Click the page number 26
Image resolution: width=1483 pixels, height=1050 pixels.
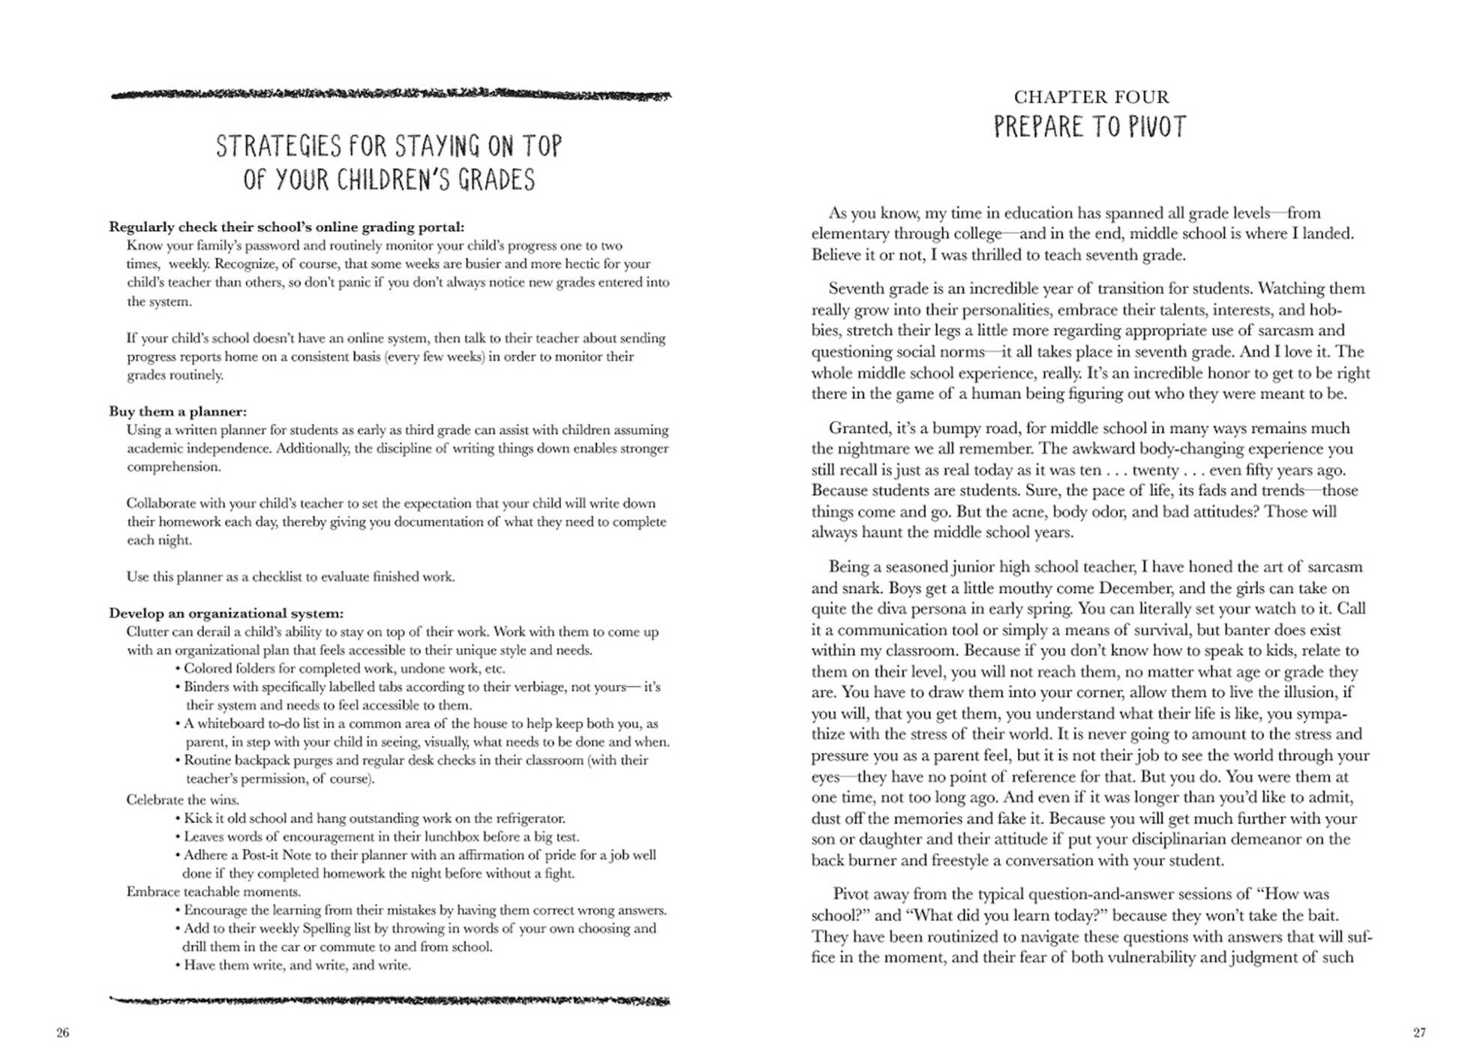(62, 1033)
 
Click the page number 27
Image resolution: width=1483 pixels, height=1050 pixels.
(1419, 1033)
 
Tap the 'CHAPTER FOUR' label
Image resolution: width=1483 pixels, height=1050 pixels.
(1091, 97)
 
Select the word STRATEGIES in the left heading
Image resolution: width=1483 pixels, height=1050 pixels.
(278, 146)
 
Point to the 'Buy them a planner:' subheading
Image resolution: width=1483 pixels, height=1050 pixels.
(178, 412)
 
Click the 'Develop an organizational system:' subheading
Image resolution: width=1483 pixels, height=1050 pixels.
(226, 613)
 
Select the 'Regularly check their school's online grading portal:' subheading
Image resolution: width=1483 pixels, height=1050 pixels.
(287, 227)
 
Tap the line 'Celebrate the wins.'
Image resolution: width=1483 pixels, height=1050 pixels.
(182, 800)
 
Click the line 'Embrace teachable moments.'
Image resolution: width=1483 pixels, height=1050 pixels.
(213, 892)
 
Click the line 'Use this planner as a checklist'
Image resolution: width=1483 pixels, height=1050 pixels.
(290, 577)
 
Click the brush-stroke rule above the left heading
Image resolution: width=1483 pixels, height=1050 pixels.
(390, 95)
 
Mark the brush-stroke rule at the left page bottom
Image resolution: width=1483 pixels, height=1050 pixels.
(390, 1000)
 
